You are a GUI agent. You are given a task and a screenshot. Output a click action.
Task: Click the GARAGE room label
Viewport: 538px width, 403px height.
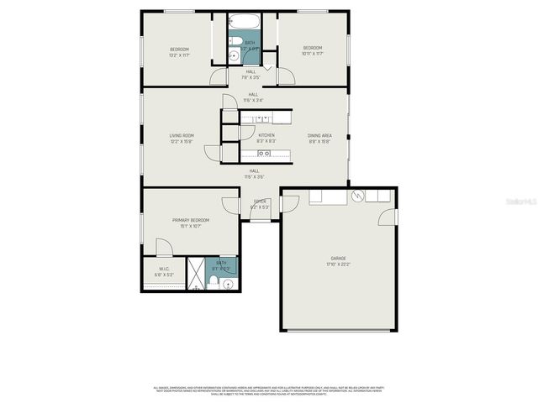click(x=338, y=258)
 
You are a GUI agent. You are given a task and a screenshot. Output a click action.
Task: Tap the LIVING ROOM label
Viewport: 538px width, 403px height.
click(x=182, y=135)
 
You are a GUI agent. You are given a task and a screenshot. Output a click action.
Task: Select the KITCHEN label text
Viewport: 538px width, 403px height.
click(x=266, y=135)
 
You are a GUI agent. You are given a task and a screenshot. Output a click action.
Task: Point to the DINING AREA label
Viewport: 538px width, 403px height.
click(x=319, y=135)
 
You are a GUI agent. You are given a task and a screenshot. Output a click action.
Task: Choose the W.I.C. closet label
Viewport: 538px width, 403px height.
click(x=164, y=270)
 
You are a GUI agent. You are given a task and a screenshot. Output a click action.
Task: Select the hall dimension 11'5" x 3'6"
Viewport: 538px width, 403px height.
click(x=254, y=177)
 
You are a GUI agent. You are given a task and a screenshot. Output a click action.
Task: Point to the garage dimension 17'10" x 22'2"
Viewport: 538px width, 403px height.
click(x=338, y=264)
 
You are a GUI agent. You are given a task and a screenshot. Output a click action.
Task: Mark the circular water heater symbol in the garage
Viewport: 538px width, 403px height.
click(x=359, y=196)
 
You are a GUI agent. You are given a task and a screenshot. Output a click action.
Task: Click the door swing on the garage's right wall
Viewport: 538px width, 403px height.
click(x=387, y=217)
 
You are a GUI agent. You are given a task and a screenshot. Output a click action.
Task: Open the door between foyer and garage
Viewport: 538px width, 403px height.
click(x=290, y=203)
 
